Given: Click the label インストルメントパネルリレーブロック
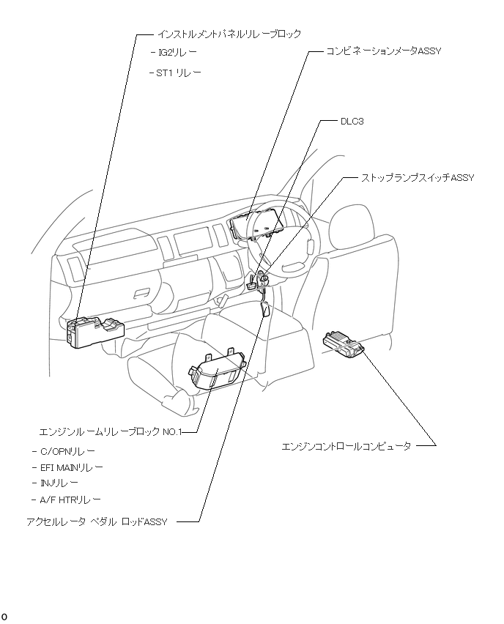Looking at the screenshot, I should (229, 34).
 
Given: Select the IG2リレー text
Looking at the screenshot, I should (177, 53).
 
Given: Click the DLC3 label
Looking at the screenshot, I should (352, 122).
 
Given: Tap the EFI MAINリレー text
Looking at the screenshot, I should (72, 467).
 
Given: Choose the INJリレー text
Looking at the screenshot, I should (59, 483).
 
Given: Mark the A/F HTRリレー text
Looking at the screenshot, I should (70, 499).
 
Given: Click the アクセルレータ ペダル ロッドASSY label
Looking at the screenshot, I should (97, 521).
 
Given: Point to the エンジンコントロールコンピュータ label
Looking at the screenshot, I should (346, 445).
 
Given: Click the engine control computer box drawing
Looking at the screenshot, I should (343, 343).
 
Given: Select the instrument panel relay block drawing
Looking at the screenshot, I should (95, 333).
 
